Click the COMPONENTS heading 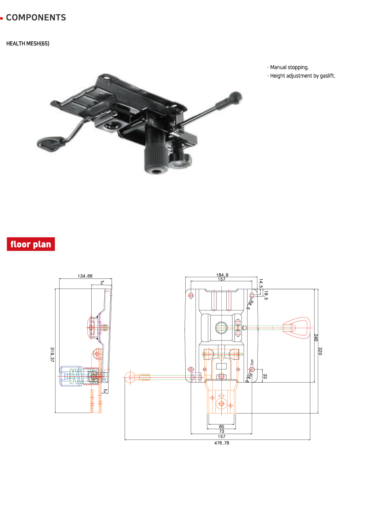(x=36, y=18)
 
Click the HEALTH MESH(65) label (x=28, y=43)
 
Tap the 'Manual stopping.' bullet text (x=289, y=67)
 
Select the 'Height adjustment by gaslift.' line (x=302, y=76)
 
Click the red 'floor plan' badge (x=31, y=244)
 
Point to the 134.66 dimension (x=85, y=276)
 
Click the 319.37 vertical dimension (x=52, y=354)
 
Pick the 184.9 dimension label (x=222, y=275)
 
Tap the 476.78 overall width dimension (x=222, y=443)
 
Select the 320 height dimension (x=320, y=351)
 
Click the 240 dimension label (x=316, y=337)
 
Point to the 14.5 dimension (x=261, y=283)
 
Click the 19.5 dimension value (x=266, y=295)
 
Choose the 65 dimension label (x=222, y=427)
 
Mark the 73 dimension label (x=222, y=431)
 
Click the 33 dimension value (x=265, y=376)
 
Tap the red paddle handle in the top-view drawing (x=297, y=328)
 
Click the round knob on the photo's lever (x=235, y=96)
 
